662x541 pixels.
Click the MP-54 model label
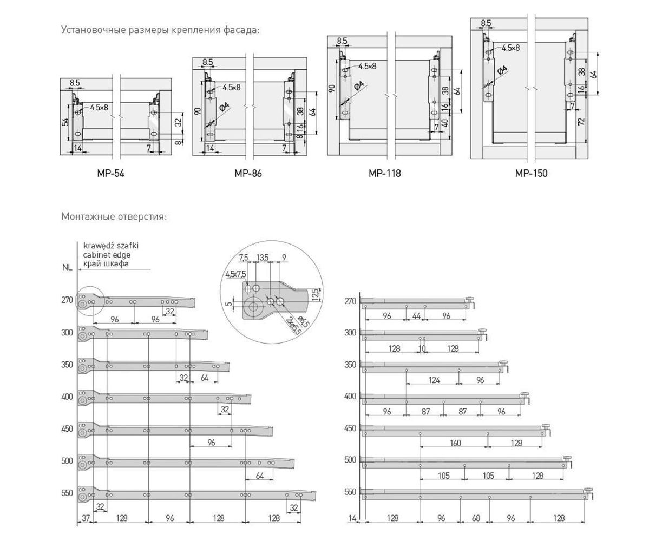coord(110,174)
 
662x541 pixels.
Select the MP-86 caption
coord(248,174)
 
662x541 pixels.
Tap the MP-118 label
coord(384,174)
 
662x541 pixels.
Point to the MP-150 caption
coord(531,174)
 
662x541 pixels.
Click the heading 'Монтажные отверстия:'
coord(114,216)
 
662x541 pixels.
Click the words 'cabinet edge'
coord(107,254)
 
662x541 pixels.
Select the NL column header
coord(67,267)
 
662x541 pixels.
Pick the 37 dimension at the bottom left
coord(86,518)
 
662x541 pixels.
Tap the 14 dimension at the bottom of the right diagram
coord(352,518)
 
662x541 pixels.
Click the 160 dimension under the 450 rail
coord(455,443)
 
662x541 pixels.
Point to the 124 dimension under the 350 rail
coord(434,380)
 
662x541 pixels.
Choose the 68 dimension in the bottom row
coord(476,518)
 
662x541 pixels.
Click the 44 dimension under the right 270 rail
coord(416,316)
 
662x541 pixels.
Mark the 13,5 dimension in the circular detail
coord(263,258)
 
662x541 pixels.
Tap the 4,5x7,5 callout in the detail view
coord(235,274)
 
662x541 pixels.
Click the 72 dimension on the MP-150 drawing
coord(581,121)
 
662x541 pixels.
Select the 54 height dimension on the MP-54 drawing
coord(65,122)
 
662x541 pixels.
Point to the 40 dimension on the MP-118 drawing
coord(445,123)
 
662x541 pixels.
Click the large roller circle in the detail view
coord(253,307)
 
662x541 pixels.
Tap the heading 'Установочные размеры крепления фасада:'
coord(160,30)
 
